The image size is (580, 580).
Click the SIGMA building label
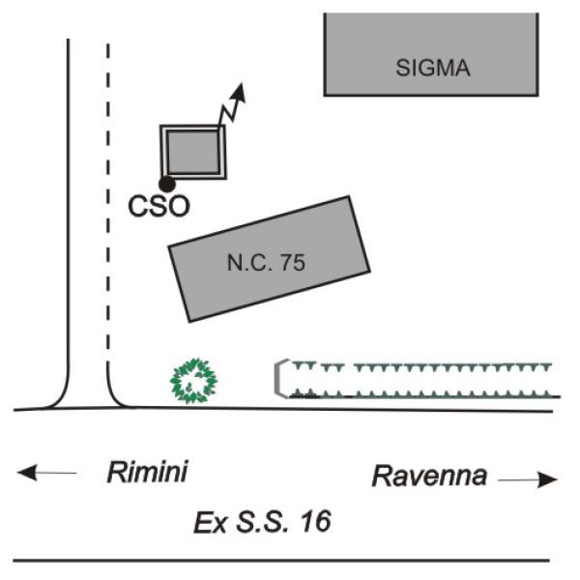[x=433, y=68]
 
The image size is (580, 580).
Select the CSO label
[x=159, y=206]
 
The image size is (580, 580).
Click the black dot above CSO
[x=166, y=184]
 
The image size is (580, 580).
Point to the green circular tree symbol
[x=195, y=380]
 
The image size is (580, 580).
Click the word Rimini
[x=146, y=473]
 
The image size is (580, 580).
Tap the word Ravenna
[x=429, y=476]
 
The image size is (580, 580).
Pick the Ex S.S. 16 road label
[x=262, y=523]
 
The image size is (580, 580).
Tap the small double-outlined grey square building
[x=193, y=151]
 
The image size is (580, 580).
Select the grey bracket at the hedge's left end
[x=280, y=378]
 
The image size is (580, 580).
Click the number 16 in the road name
[x=315, y=523]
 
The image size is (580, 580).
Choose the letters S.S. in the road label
[x=262, y=523]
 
